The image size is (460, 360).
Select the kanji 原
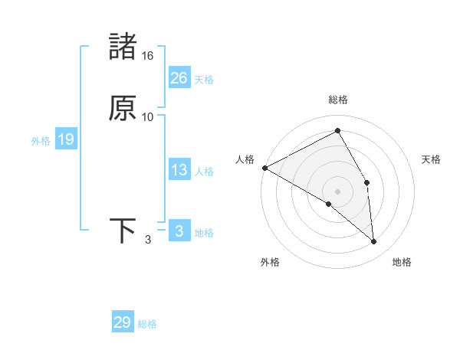point(123,108)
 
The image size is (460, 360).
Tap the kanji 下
point(123,231)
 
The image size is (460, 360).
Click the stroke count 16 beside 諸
point(148,56)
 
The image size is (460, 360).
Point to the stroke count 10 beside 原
point(148,117)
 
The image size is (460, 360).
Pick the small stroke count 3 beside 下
point(148,240)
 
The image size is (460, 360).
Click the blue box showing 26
point(179,77)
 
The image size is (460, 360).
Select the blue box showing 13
point(179,170)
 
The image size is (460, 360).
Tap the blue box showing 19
point(65,139)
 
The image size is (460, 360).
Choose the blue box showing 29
point(123,322)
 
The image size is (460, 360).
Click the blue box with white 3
point(179,231)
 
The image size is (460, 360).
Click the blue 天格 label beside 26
point(204,79)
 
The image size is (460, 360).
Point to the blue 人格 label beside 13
point(204,172)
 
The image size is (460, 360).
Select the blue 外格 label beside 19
point(41,141)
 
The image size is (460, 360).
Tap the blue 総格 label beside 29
point(148,324)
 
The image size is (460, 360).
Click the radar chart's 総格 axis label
point(338,100)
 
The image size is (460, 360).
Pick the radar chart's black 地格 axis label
point(402,262)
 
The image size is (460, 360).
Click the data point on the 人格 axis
point(264,168)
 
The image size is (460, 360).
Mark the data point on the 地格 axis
point(374,241)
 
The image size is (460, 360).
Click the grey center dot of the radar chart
point(338,191)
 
